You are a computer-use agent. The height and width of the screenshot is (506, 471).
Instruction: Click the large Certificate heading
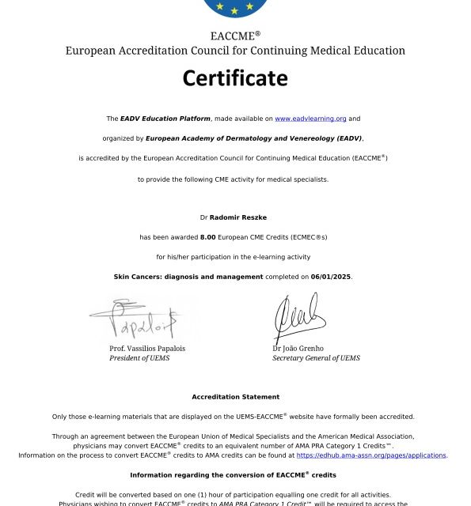click(235, 78)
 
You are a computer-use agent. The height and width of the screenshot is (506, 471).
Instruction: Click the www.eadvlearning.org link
click(310, 119)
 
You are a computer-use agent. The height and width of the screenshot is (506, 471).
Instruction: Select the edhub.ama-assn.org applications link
click(371, 455)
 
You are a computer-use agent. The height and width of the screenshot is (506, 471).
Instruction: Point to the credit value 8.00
click(208, 237)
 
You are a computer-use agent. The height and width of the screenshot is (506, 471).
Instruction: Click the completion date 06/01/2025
click(331, 277)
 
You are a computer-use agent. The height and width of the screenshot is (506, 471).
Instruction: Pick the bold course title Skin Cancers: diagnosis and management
click(188, 277)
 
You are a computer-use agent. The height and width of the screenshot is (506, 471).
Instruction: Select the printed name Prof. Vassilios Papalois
click(147, 349)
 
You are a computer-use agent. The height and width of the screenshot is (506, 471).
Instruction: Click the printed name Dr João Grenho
click(298, 349)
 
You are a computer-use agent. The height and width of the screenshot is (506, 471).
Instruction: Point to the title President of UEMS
click(139, 358)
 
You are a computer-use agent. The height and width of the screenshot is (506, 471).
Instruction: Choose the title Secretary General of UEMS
click(316, 358)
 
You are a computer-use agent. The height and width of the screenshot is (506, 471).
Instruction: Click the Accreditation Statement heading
click(235, 397)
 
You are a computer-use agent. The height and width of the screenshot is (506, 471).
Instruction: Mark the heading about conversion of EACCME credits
click(233, 475)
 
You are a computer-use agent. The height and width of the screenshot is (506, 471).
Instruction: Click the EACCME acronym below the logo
click(235, 36)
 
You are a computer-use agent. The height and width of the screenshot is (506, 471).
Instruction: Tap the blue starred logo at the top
click(235, 7)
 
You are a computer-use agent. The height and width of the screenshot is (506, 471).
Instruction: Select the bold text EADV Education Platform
click(165, 119)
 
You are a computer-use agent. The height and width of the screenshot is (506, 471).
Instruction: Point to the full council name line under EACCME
click(235, 51)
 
